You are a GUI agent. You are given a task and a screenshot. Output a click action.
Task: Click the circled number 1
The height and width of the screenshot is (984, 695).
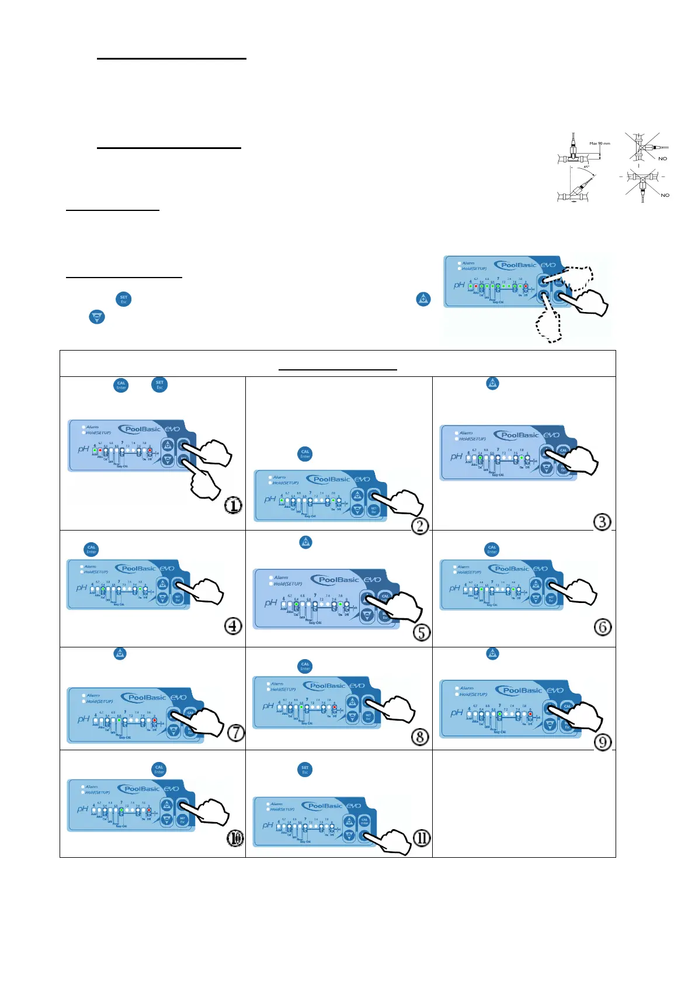point(233,505)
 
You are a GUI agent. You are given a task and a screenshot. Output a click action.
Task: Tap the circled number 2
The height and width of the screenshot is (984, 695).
point(420,525)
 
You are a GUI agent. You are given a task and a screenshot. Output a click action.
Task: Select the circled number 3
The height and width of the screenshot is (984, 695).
point(602,521)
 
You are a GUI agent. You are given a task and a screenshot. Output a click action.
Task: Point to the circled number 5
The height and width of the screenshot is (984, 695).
point(421,632)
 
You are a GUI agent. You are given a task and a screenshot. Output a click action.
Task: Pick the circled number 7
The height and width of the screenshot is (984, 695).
point(235,732)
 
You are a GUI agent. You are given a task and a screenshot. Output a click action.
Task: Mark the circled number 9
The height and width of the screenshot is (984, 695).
point(602,742)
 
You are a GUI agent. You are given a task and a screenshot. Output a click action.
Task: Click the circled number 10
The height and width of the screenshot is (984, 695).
point(235,839)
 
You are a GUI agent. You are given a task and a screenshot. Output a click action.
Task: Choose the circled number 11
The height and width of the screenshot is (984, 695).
point(422,838)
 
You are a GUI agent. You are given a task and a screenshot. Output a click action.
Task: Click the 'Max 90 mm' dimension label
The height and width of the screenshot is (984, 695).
point(600,143)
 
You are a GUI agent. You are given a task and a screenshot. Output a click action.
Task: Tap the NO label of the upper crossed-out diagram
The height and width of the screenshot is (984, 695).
point(662,158)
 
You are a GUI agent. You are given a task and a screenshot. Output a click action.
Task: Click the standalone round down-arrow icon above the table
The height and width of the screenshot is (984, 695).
point(97,317)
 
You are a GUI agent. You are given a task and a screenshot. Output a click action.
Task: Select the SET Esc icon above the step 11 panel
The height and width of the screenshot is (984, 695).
point(305,770)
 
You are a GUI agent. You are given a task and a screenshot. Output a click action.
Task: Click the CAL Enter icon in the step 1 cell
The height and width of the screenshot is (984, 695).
point(121,385)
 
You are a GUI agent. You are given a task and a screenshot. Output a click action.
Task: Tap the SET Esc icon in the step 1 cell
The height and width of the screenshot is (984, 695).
point(159,384)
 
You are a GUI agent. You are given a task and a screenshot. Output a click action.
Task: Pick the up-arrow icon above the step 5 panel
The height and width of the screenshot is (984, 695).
point(305,542)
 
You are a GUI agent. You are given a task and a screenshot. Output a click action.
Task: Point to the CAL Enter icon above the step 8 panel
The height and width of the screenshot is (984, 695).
point(305,666)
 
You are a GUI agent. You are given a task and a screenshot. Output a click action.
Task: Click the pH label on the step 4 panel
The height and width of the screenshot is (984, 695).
point(81,587)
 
